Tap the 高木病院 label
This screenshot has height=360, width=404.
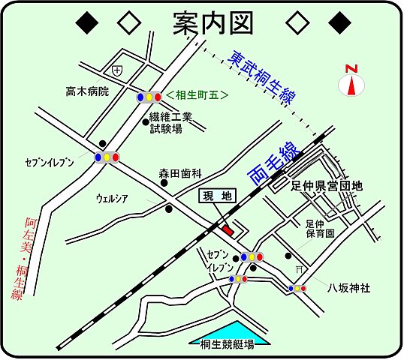coord(86,91)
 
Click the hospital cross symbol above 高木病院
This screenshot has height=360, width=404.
coord(116,70)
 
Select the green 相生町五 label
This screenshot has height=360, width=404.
coord(198,96)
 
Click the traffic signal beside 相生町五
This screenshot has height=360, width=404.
coord(149,97)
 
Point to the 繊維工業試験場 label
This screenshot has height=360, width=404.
coord(171,122)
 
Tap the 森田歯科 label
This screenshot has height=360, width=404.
coord(180,172)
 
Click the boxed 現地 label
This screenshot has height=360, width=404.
coord(219,196)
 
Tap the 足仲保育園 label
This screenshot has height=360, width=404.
coord(320,229)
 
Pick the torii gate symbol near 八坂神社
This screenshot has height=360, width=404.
coord(300,269)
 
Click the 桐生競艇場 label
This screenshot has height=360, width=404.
coord(227,345)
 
